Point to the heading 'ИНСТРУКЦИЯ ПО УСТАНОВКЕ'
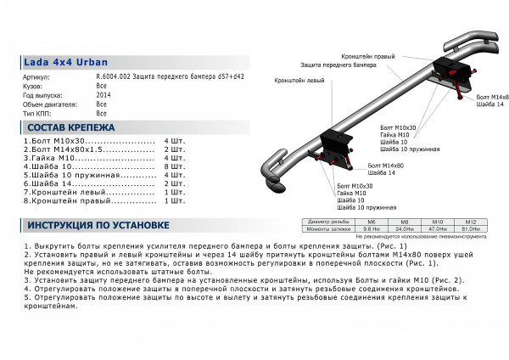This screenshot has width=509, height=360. coord(98,225)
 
